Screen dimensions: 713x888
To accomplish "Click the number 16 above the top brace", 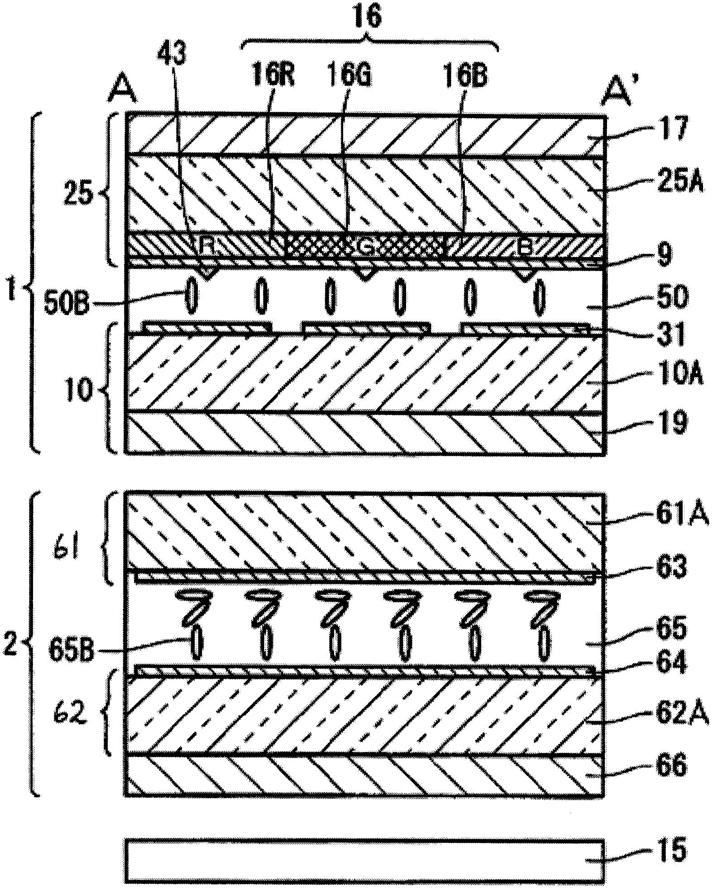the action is pyautogui.click(x=368, y=18).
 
